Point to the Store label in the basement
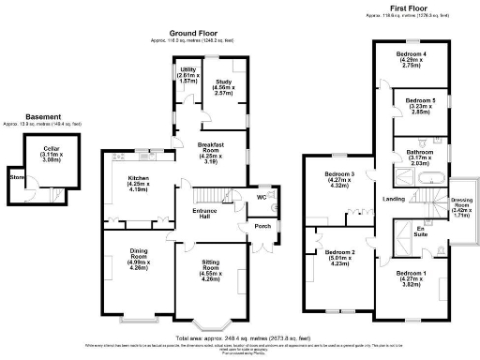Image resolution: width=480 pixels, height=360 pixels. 15,175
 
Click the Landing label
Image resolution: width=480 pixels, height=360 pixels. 394,199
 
